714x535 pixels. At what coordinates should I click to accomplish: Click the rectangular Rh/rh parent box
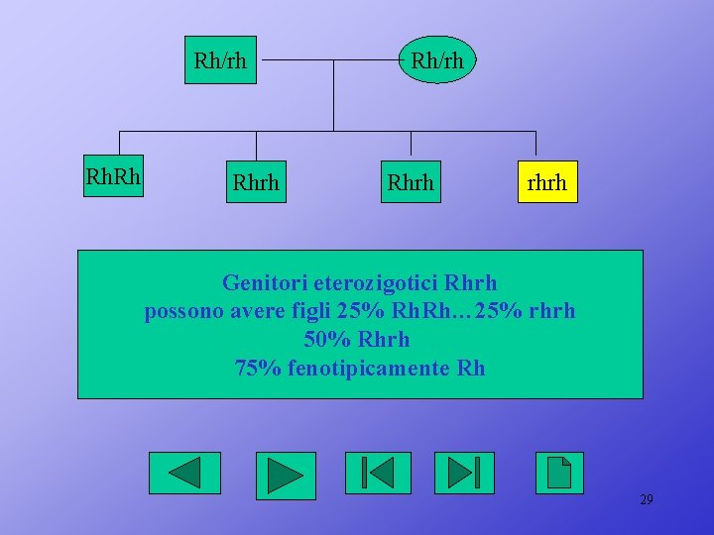(x=220, y=60)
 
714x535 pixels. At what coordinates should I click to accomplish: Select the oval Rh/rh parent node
(x=436, y=60)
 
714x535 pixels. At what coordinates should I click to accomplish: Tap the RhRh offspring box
(x=113, y=178)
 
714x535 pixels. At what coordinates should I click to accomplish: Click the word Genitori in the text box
(x=260, y=283)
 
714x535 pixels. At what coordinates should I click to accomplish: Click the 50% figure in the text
(x=328, y=340)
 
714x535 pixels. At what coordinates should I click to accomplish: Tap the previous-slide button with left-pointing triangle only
(x=184, y=473)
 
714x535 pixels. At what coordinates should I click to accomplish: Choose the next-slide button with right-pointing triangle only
(x=286, y=476)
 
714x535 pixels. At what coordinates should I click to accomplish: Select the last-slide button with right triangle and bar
(x=464, y=473)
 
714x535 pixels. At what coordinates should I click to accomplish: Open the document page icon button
(x=559, y=473)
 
